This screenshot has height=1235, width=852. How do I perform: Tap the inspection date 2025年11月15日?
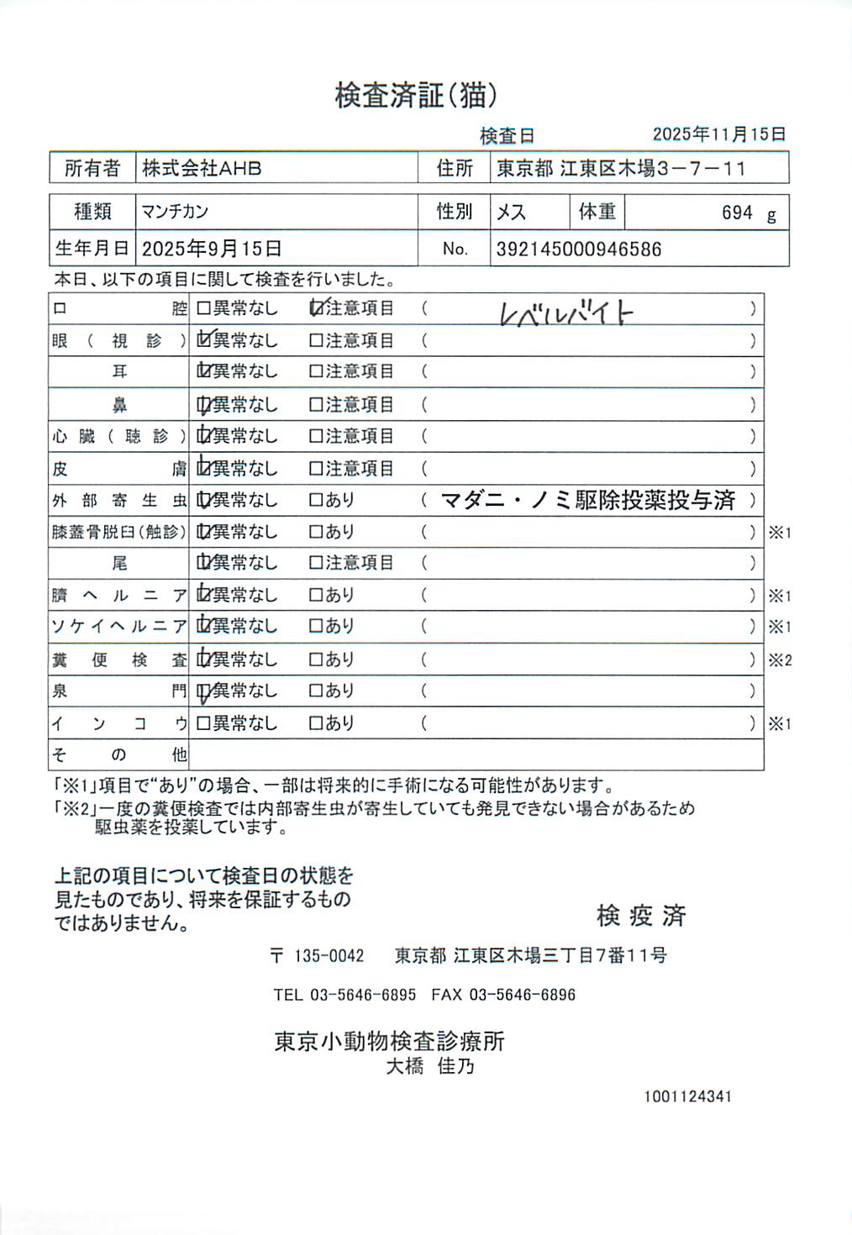(x=719, y=134)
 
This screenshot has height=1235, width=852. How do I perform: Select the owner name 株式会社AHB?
(x=202, y=168)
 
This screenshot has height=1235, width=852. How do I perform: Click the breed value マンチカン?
(x=175, y=212)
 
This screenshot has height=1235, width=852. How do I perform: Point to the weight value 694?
(x=737, y=213)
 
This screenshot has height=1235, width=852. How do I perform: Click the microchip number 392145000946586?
(x=579, y=249)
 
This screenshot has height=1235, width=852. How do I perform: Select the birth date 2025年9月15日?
(x=212, y=249)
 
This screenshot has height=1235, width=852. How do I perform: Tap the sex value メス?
(x=511, y=212)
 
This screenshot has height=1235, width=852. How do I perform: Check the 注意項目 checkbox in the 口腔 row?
(x=316, y=308)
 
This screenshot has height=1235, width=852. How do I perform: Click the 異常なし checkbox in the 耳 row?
(x=203, y=371)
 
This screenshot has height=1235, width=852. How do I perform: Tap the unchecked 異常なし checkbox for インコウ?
(x=203, y=723)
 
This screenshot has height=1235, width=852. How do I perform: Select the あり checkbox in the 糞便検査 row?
(x=316, y=660)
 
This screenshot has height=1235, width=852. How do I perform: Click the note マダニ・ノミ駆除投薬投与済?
(x=587, y=501)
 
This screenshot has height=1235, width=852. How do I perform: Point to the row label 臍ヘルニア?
(x=118, y=596)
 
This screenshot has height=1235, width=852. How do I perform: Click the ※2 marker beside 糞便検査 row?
(x=780, y=660)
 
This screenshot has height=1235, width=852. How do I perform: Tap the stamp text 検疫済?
(x=641, y=916)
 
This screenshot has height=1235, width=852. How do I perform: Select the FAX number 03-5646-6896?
(x=522, y=995)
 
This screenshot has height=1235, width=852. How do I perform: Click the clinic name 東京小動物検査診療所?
(x=389, y=1042)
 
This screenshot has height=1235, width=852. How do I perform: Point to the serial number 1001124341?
(x=687, y=1096)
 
